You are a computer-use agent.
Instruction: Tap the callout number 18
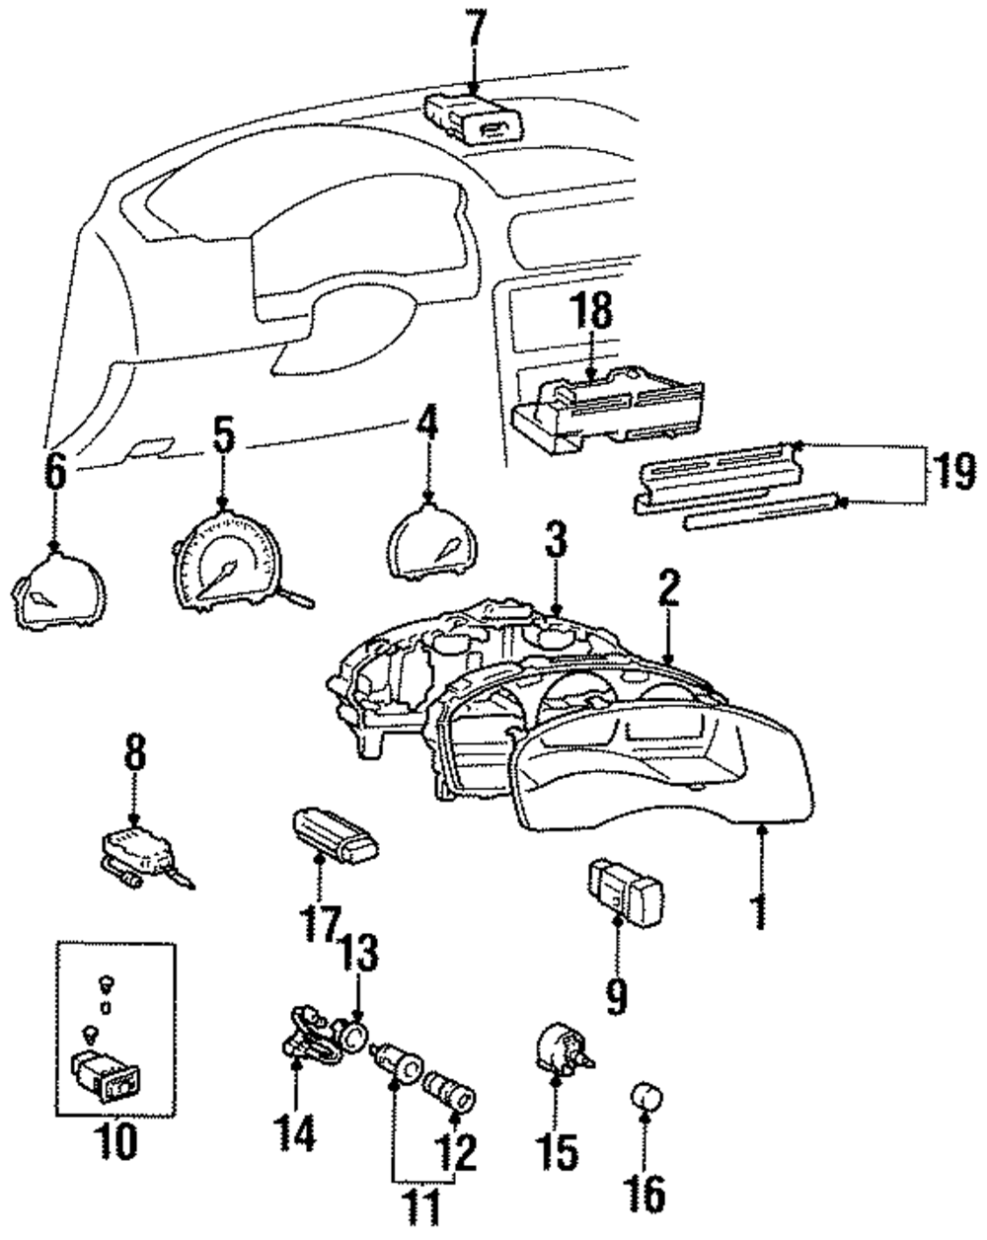[x=590, y=316]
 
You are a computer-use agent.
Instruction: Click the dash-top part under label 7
[x=477, y=116]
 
